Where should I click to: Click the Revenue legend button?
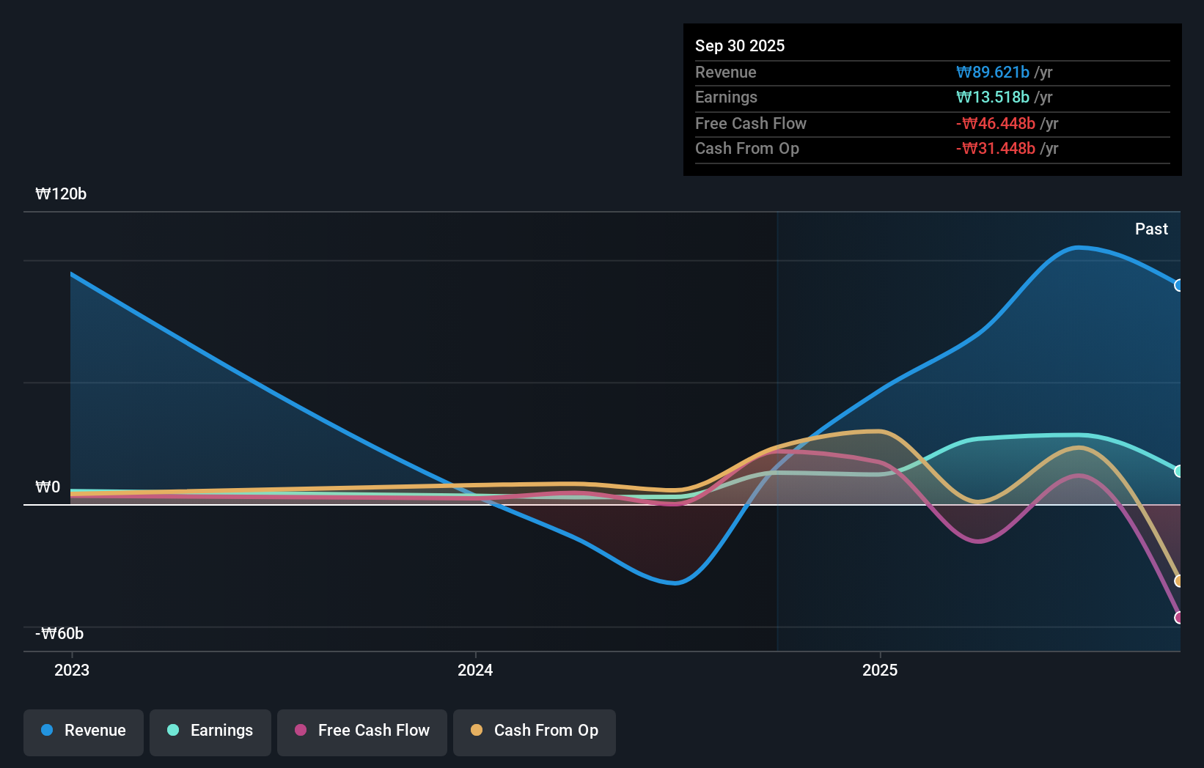(x=84, y=731)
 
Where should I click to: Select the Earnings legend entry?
(x=210, y=731)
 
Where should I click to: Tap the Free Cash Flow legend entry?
(x=362, y=731)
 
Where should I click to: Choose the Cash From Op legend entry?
(x=535, y=731)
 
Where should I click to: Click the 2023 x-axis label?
(x=72, y=670)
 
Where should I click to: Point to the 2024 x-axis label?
(x=475, y=670)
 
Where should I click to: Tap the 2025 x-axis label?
(x=880, y=670)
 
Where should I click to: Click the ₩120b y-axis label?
(x=61, y=194)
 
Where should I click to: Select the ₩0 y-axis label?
(x=48, y=487)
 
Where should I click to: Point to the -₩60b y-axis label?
(x=59, y=634)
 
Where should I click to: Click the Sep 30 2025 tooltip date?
(x=740, y=45)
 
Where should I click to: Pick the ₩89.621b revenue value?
(x=993, y=72)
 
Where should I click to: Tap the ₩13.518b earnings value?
(x=993, y=97)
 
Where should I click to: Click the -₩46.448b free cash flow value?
(x=996, y=123)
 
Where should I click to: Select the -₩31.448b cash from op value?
(x=996, y=149)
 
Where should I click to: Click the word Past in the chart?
(x=1151, y=229)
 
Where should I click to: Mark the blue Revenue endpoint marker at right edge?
(x=1178, y=285)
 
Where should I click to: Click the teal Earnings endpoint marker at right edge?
(x=1178, y=471)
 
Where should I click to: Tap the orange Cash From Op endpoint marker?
(x=1178, y=580)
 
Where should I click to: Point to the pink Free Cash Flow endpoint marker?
(x=1178, y=617)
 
